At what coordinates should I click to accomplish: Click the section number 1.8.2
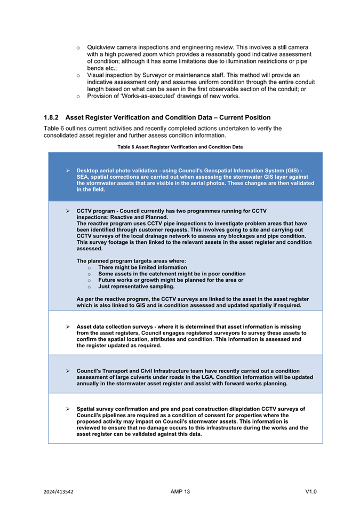coord(51,117)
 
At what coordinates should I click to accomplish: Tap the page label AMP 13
coord(180,491)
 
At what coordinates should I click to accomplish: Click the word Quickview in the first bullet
coord(101,47)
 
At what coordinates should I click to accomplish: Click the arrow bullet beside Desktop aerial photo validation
coord(68,170)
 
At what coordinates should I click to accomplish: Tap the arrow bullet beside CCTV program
coord(68,211)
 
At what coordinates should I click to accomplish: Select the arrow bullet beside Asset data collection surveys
coord(68,326)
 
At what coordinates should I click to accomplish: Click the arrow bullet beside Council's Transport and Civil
coord(68,370)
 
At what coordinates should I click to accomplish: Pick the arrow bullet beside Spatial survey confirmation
coord(68,409)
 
